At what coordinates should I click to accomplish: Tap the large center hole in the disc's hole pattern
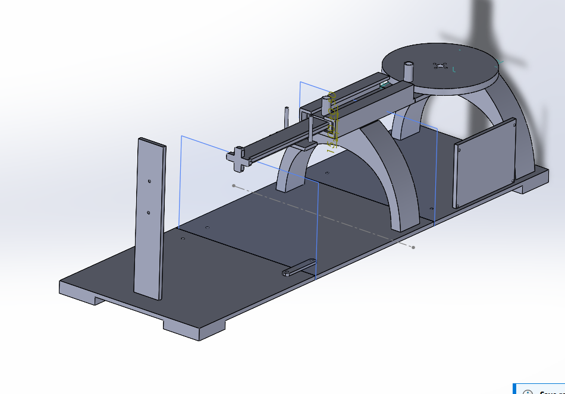[x=441, y=66]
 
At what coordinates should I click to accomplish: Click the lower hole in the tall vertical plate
[x=149, y=212]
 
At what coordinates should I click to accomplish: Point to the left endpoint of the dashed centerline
[x=234, y=186]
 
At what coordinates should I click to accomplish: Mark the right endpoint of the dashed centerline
[x=414, y=247]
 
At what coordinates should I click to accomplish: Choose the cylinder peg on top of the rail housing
[x=327, y=106]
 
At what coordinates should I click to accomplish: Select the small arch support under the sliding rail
[x=293, y=166]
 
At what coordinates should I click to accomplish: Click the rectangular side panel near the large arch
[x=485, y=162]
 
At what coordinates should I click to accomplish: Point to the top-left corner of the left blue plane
[x=181, y=136]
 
